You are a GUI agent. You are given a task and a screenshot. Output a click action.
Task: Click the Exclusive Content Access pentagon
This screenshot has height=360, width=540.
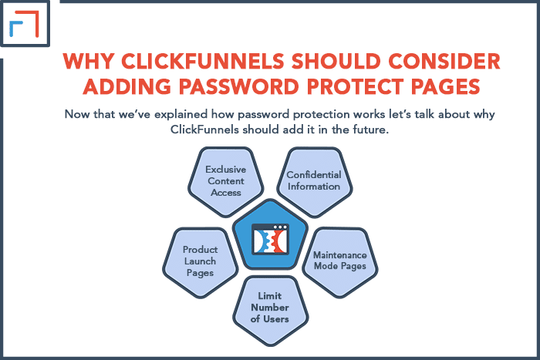[x=225, y=182]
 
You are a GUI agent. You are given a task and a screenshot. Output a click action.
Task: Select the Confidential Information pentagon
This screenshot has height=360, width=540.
[x=315, y=182]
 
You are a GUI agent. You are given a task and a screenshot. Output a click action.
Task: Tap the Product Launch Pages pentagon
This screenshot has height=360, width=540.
[x=200, y=262]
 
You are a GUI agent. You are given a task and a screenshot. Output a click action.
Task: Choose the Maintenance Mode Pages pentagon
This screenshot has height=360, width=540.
[x=340, y=262]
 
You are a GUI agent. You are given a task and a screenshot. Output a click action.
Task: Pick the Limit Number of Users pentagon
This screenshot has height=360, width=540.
[x=270, y=311]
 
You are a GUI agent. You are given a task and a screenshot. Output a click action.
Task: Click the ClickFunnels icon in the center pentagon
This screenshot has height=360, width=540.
[x=270, y=240]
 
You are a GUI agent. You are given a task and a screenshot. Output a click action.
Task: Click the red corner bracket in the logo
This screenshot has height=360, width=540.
[x=28, y=23]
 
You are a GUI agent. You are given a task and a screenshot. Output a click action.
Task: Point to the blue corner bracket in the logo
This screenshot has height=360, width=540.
[x=15, y=29]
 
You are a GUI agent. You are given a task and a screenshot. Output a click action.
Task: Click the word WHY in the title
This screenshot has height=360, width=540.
[x=89, y=61]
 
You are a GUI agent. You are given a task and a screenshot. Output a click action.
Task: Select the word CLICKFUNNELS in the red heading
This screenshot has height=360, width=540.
[x=202, y=61]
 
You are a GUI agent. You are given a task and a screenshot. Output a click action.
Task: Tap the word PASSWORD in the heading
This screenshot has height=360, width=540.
[x=238, y=86]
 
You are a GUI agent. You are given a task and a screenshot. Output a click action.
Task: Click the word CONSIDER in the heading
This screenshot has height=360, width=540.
[x=444, y=61]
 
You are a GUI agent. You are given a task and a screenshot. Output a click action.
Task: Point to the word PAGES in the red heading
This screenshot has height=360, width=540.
[x=446, y=86]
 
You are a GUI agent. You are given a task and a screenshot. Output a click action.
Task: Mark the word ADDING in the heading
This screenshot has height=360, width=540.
[x=127, y=86]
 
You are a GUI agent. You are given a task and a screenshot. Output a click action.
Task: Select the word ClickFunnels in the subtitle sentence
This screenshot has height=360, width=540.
[x=204, y=130]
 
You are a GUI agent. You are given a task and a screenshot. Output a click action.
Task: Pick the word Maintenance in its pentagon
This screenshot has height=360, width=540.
[x=340, y=255]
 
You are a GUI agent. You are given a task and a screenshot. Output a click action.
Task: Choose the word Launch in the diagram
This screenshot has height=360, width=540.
[x=200, y=261]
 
